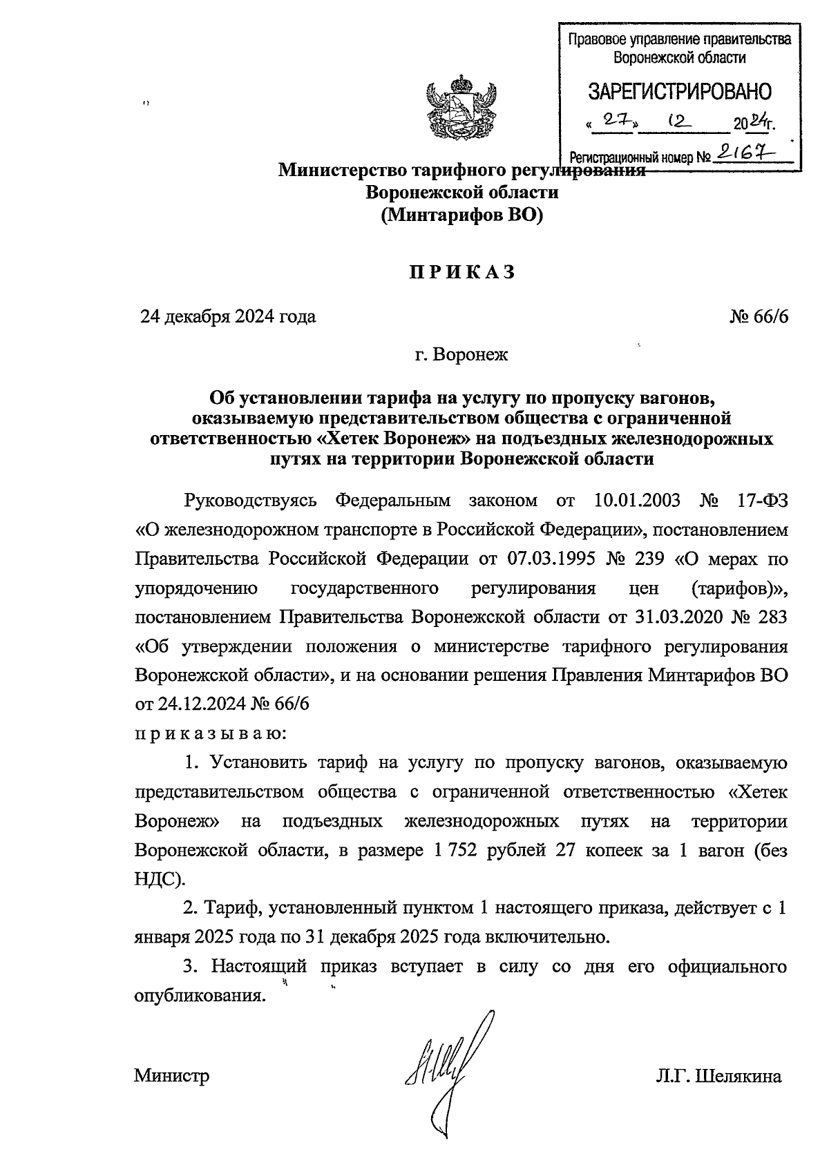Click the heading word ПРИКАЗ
pos(461,272)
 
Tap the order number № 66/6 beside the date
pos(758,317)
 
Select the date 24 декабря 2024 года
pos(228,317)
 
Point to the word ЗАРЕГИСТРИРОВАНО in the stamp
pos(680,91)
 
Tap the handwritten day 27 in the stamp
pos(612,121)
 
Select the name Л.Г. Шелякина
pos(719,1076)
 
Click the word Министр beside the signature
pos(172,1076)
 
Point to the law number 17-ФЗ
pos(761,499)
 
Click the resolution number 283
pos(771,617)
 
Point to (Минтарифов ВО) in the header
pos(461,215)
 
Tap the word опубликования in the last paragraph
pos(200,996)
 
